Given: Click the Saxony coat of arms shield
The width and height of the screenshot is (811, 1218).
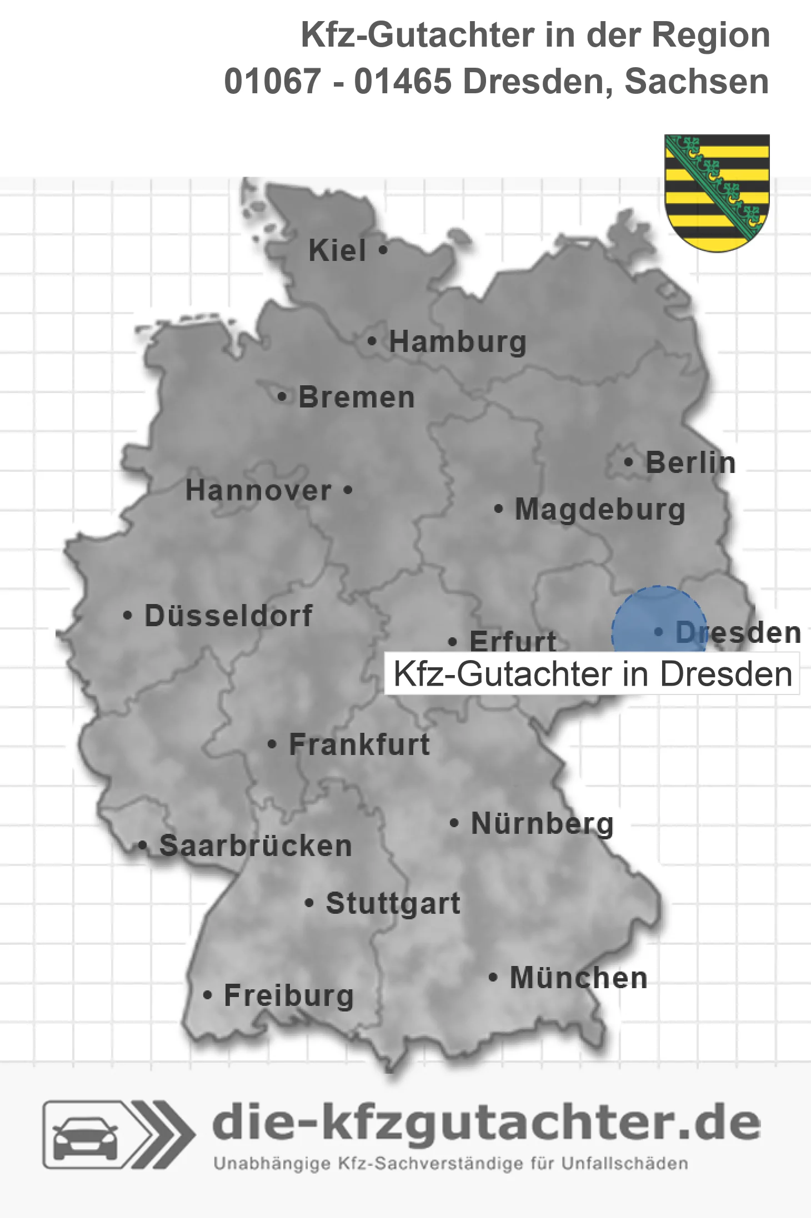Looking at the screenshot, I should (717, 192).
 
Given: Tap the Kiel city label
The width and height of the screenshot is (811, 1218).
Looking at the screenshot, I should (337, 250).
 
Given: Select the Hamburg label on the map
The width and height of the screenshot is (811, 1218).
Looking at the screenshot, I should (457, 341).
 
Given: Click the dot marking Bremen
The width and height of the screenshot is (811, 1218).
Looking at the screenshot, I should (282, 397).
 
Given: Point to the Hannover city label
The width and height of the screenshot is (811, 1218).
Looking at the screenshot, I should (258, 490).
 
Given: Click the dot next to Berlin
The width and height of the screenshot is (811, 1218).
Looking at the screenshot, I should (628, 462).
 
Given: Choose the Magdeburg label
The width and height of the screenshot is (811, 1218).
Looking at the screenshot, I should (600, 509).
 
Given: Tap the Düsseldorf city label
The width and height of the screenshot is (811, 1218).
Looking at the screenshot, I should (228, 616).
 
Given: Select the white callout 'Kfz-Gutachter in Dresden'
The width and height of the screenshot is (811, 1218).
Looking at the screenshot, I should (592, 674).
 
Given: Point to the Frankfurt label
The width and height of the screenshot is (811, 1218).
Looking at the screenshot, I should (359, 744).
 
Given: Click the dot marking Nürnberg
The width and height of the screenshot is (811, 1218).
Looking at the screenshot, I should (454, 823).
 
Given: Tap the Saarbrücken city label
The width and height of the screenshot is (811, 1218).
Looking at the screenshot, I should (256, 846).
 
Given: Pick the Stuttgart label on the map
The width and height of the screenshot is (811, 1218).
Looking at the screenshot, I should (393, 903).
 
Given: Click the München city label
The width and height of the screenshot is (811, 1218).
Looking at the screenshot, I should (579, 978).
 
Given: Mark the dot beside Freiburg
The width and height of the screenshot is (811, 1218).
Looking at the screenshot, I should (207, 995).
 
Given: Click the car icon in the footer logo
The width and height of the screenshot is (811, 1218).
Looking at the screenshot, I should (85, 1138).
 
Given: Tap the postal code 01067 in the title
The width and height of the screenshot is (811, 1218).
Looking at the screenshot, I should (272, 82).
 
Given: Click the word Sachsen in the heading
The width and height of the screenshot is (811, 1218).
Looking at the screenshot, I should (697, 82).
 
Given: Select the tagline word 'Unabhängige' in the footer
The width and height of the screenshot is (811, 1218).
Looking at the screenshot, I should (272, 1164).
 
